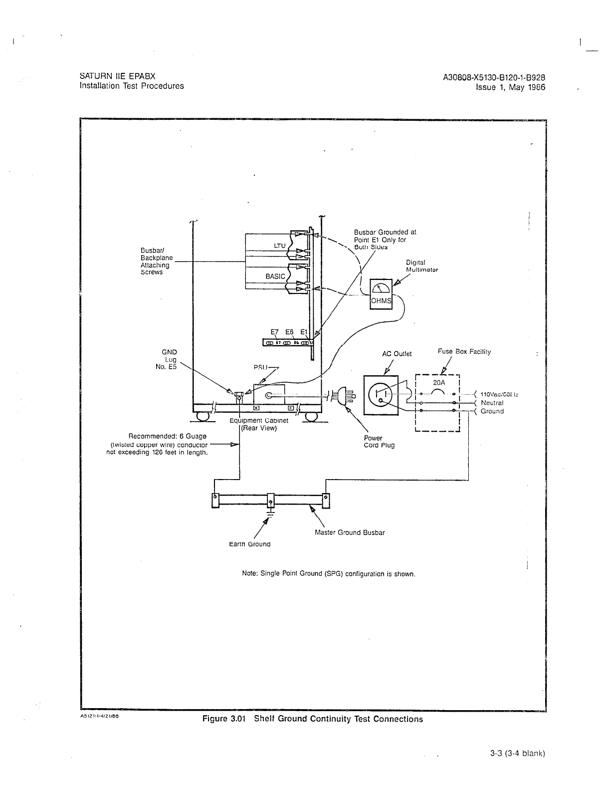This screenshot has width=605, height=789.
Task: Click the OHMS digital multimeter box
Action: [x=381, y=294]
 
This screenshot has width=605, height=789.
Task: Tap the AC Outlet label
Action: [x=397, y=354]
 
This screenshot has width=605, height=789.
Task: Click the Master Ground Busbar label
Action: [x=350, y=532]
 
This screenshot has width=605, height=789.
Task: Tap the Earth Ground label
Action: [x=249, y=544]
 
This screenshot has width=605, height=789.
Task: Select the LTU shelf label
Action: [x=280, y=245]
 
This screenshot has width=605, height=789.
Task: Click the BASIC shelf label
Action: [x=275, y=276]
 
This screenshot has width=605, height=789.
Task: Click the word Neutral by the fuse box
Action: [x=492, y=403]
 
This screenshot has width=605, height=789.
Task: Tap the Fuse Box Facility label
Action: [x=464, y=351]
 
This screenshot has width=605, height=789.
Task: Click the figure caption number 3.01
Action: [x=238, y=719]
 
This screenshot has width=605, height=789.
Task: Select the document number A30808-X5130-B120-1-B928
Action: [x=493, y=77]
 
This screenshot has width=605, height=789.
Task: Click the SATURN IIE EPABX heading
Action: [x=117, y=76]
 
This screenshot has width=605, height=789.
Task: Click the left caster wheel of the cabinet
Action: [x=202, y=416]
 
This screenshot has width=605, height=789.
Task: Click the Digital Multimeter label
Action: [x=421, y=266]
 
